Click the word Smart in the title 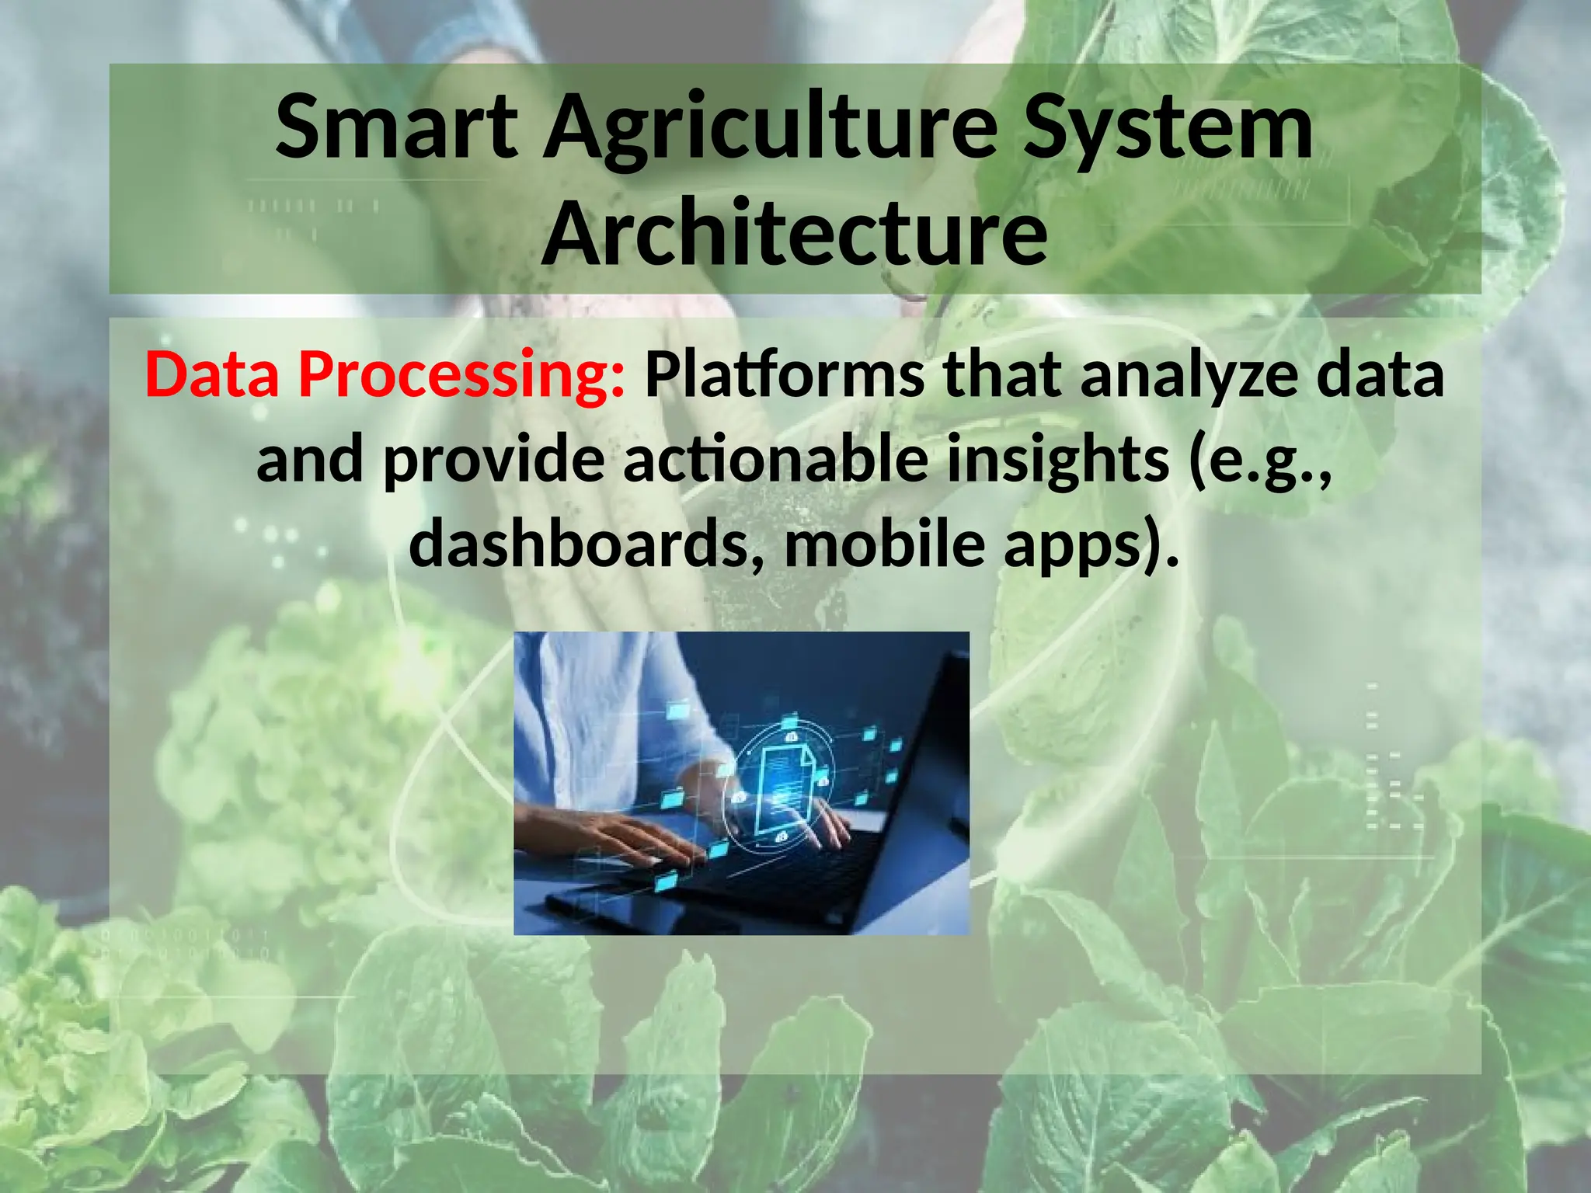pos(396,127)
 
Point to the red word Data pos(212,374)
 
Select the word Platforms pos(785,374)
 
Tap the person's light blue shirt pos(590,722)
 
